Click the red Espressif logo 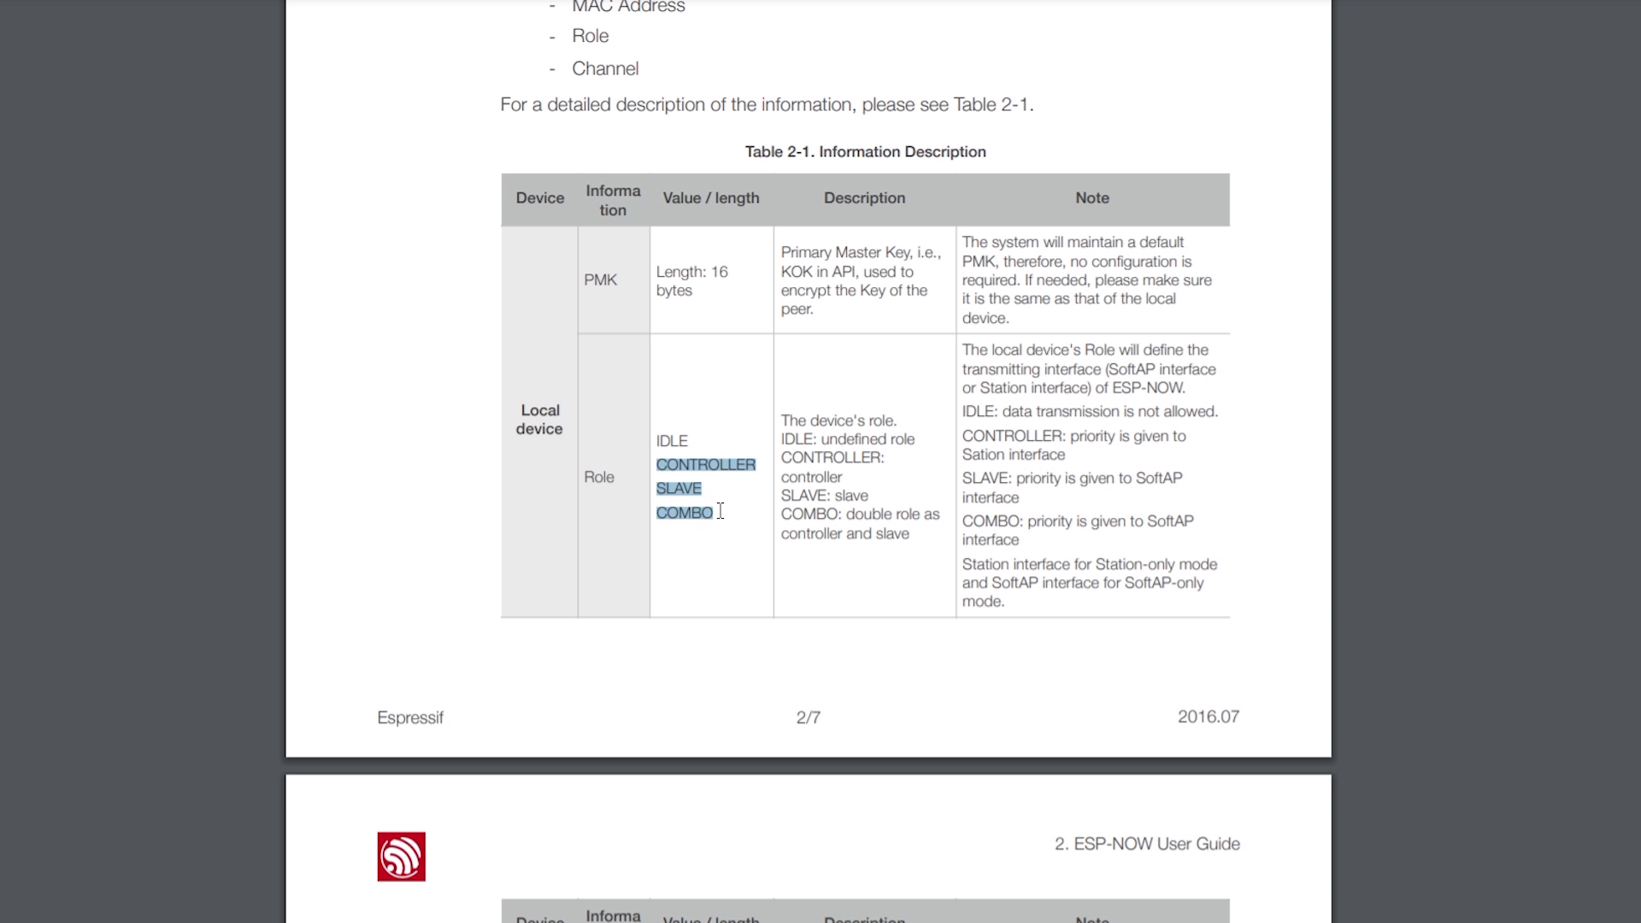(x=401, y=856)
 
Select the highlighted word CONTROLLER (x=705, y=465)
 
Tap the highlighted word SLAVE (x=679, y=489)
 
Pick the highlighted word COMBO (x=684, y=513)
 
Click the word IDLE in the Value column (x=672, y=441)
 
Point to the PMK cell (x=600, y=280)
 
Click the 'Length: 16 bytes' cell (x=691, y=281)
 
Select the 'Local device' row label (x=539, y=420)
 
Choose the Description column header (x=864, y=198)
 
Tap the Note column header (x=1091, y=198)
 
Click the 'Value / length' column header (x=710, y=198)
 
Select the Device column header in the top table (x=539, y=198)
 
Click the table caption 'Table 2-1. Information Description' (x=865, y=152)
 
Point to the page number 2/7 (x=808, y=718)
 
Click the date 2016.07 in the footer (x=1208, y=717)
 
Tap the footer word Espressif (x=410, y=718)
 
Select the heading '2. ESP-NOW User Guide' (x=1146, y=844)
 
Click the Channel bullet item (x=605, y=69)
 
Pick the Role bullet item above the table (x=590, y=36)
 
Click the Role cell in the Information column (x=598, y=477)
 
